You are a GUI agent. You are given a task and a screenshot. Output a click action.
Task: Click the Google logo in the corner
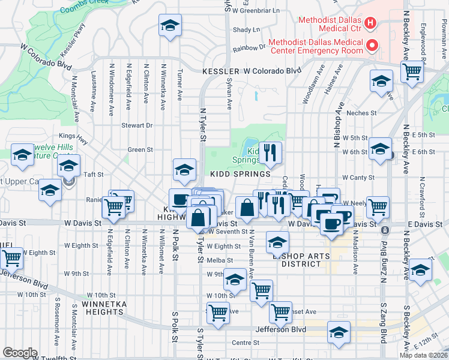[19, 353]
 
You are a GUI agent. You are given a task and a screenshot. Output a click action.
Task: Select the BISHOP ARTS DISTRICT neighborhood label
[298, 260]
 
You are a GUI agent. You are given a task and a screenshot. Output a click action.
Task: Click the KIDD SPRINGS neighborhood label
[240, 174]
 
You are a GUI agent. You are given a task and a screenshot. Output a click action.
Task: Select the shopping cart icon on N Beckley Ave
[412, 71]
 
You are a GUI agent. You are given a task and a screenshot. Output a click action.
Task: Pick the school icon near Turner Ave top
[170, 26]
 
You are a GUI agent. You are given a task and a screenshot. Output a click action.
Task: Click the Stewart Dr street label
[137, 125]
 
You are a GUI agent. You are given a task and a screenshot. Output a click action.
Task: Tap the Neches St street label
[360, 112]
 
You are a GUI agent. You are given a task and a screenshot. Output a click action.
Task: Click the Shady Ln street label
[246, 29]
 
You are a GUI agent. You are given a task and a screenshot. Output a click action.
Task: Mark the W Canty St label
[358, 178]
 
